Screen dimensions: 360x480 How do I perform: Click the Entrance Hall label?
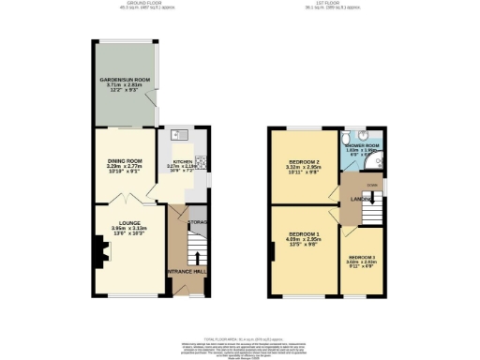[x=187, y=270]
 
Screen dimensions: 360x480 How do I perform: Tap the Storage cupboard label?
[x=197, y=223]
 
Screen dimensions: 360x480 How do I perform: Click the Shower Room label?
[x=361, y=146]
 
